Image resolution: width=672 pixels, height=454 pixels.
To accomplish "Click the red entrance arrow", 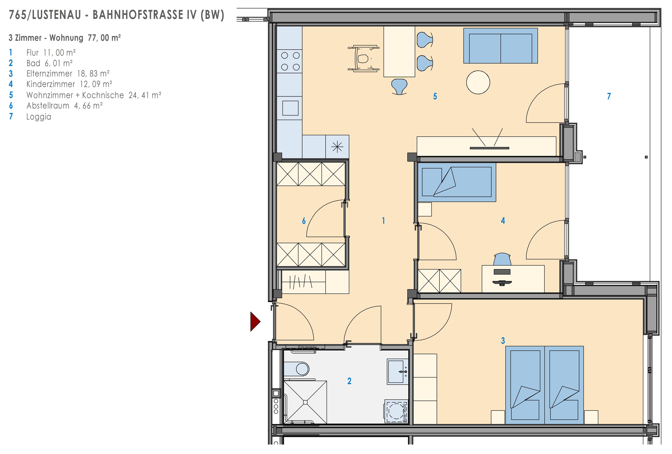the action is point(255,321).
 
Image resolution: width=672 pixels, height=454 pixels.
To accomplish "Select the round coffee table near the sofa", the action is point(478,82).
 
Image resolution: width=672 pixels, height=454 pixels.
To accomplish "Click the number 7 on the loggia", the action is point(609,96).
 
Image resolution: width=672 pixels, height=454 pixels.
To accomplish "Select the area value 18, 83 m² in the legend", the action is point(93,74).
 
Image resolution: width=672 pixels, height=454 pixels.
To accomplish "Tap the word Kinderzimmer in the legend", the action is point(51,84).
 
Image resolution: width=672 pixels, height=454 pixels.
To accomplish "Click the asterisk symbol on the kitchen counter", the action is point(337,147).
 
